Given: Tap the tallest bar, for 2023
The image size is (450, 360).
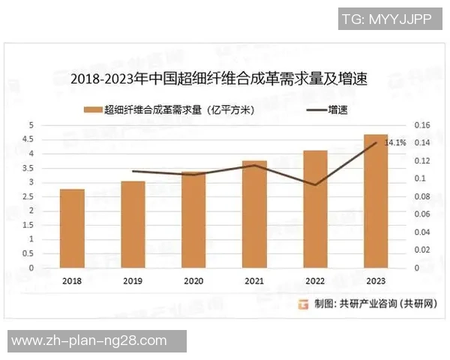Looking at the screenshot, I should click(x=376, y=201).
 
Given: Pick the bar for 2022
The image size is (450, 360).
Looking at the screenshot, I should click(x=315, y=209).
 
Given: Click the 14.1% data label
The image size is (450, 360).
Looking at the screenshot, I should click(x=395, y=142).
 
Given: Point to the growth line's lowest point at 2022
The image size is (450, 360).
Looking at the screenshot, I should click(x=315, y=184).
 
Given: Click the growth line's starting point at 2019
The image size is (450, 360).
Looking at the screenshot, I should click(x=133, y=171).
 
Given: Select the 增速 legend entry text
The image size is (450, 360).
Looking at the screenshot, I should click(x=337, y=109).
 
